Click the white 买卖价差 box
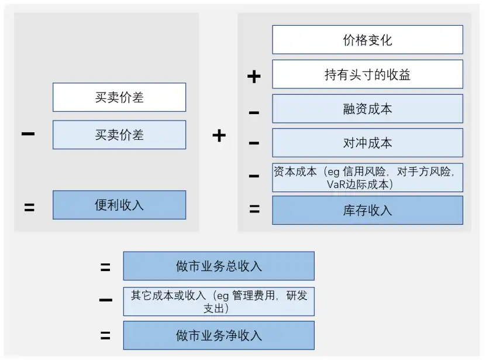(x=119, y=97)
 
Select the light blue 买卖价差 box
(x=119, y=135)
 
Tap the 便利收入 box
(x=119, y=205)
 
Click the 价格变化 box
(x=367, y=40)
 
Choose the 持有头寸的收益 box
(x=367, y=74)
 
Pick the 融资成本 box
(x=367, y=109)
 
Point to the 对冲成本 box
(x=367, y=143)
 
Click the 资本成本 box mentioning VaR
(x=367, y=177)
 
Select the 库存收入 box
(x=367, y=210)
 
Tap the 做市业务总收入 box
(x=219, y=266)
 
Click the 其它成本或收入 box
(x=219, y=301)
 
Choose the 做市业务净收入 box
(x=219, y=335)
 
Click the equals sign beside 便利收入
(x=29, y=207)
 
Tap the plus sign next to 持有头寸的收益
(x=254, y=76)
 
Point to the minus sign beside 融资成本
(x=254, y=112)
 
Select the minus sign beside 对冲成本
(x=254, y=143)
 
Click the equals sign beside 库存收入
(x=254, y=209)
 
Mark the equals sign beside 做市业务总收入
(x=105, y=268)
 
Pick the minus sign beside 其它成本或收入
(x=105, y=301)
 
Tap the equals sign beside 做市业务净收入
(x=105, y=336)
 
